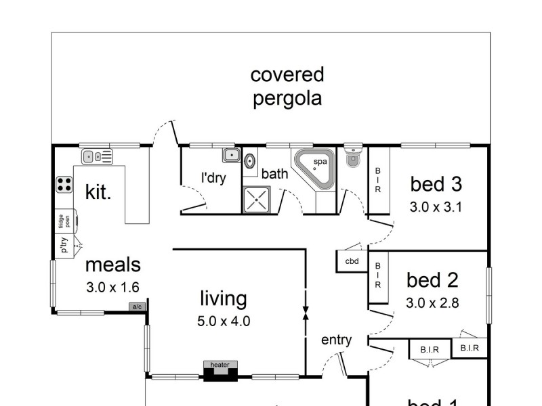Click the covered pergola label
(287, 87)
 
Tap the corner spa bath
(315, 168)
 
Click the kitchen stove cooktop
(64, 184)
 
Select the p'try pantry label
(64, 246)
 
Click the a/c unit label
(138, 307)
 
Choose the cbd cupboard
(352, 261)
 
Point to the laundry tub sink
(231, 156)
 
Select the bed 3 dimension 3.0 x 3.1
(436, 208)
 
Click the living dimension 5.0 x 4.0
(224, 321)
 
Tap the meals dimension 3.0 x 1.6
(112, 287)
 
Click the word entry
(337, 340)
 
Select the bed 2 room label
(433, 280)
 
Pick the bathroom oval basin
(249, 162)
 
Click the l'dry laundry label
(213, 179)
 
